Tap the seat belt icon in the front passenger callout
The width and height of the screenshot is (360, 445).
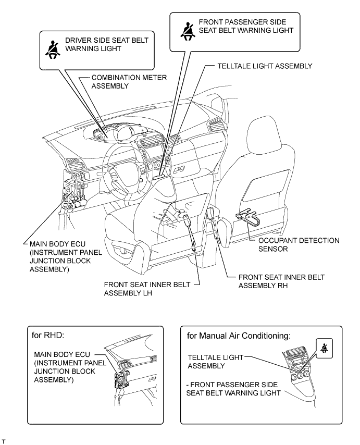point(186,30)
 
